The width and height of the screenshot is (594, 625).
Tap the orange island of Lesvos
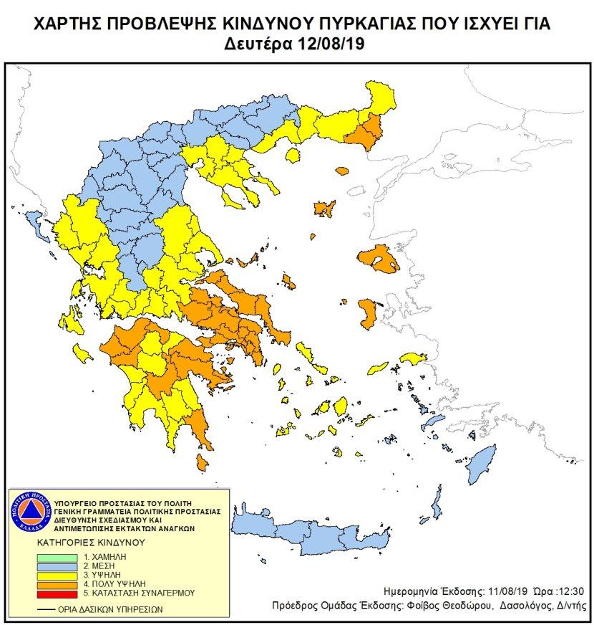point(378,259)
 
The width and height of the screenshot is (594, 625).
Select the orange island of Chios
point(369,312)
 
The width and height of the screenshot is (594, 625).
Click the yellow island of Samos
point(412,359)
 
